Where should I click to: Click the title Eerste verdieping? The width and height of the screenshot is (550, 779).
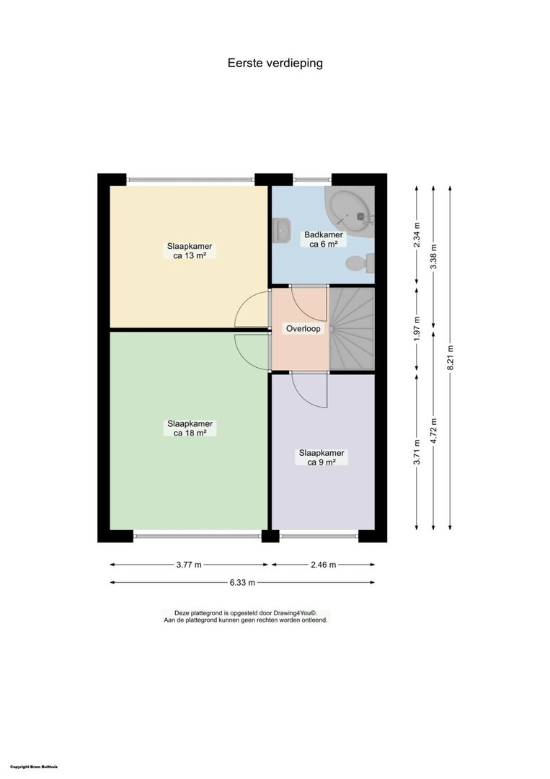coord(275,63)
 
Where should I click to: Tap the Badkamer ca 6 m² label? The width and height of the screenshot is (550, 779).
coord(324,239)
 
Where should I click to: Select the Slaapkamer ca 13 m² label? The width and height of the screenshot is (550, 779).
coord(190,251)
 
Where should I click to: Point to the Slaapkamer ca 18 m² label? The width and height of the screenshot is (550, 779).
coord(190,428)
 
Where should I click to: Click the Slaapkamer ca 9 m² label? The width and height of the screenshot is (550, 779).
coord(321,457)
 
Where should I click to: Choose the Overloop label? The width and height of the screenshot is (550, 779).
coord(303,328)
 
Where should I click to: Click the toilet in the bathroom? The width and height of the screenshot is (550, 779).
coord(361,263)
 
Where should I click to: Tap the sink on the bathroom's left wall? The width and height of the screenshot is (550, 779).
coord(281,231)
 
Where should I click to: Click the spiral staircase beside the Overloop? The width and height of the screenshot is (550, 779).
coord(352,329)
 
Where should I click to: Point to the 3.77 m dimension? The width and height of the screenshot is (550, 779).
coord(189,564)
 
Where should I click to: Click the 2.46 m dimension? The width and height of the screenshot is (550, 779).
coord(323,564)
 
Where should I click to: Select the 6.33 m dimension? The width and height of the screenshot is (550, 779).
coord(242,582)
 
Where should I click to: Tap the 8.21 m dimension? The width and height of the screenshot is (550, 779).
coord(450,358)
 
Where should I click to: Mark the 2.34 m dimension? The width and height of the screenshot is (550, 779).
coord(417,235)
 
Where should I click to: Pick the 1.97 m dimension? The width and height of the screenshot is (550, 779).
coord(417,329)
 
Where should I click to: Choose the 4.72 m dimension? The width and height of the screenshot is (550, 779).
coord(433,431)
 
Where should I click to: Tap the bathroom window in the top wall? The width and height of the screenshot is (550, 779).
coord(312,180)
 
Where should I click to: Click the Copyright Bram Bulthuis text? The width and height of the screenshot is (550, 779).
coord(34,767)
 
